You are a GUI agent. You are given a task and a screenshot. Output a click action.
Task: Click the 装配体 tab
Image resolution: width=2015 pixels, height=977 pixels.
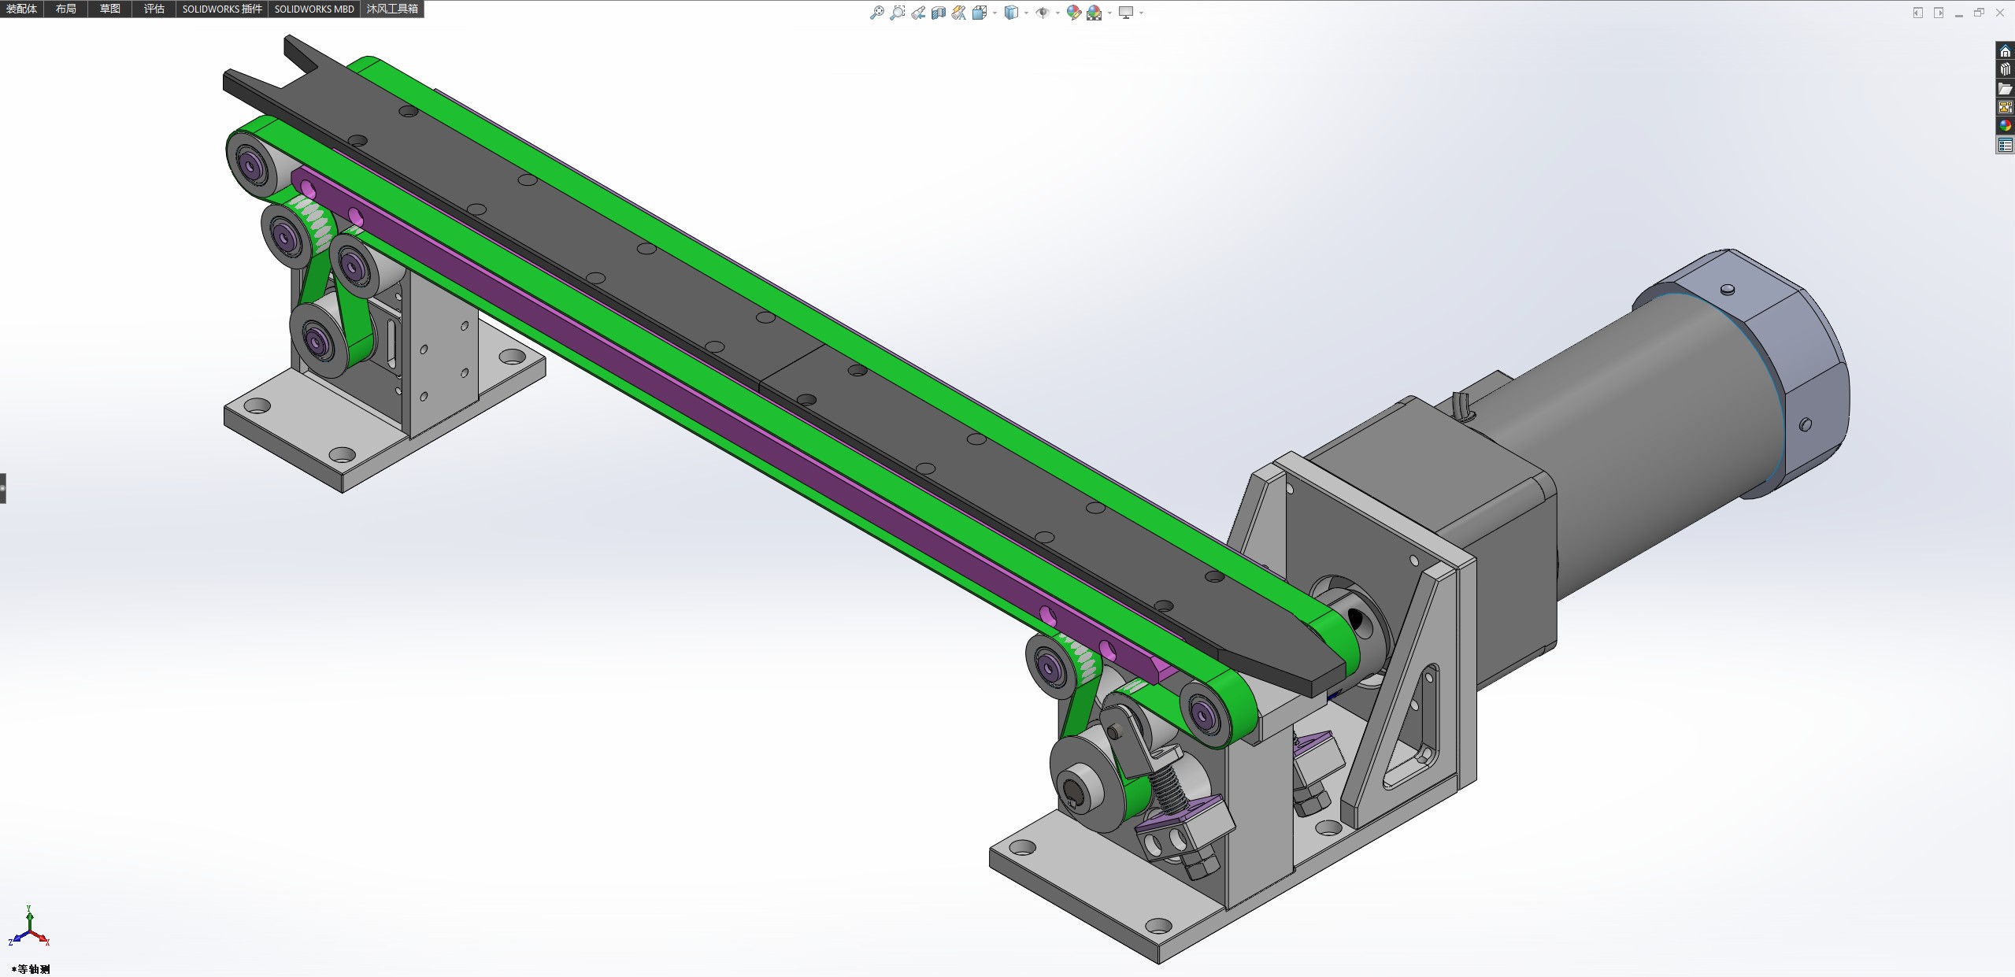pos(22,9)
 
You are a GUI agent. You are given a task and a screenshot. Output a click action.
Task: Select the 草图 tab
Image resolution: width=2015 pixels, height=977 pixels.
pos(110,9)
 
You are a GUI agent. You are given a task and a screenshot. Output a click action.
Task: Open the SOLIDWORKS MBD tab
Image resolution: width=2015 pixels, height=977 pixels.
pos(314,9)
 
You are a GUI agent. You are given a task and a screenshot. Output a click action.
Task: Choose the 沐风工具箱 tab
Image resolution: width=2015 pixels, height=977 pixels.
pos(392,9)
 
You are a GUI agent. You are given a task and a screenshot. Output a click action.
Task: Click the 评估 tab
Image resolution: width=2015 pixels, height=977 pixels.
pos(154,9)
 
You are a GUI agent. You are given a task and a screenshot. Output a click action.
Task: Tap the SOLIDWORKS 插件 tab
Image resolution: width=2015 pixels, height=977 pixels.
pos(222,9)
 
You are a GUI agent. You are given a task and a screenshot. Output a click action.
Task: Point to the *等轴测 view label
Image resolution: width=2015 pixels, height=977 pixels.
pos(31,969)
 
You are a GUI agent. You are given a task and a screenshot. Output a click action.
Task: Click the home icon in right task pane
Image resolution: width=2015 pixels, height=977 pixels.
pos(2005,51)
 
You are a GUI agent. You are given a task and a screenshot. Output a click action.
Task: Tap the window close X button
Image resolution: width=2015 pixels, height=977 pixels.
pos(1999,13)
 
